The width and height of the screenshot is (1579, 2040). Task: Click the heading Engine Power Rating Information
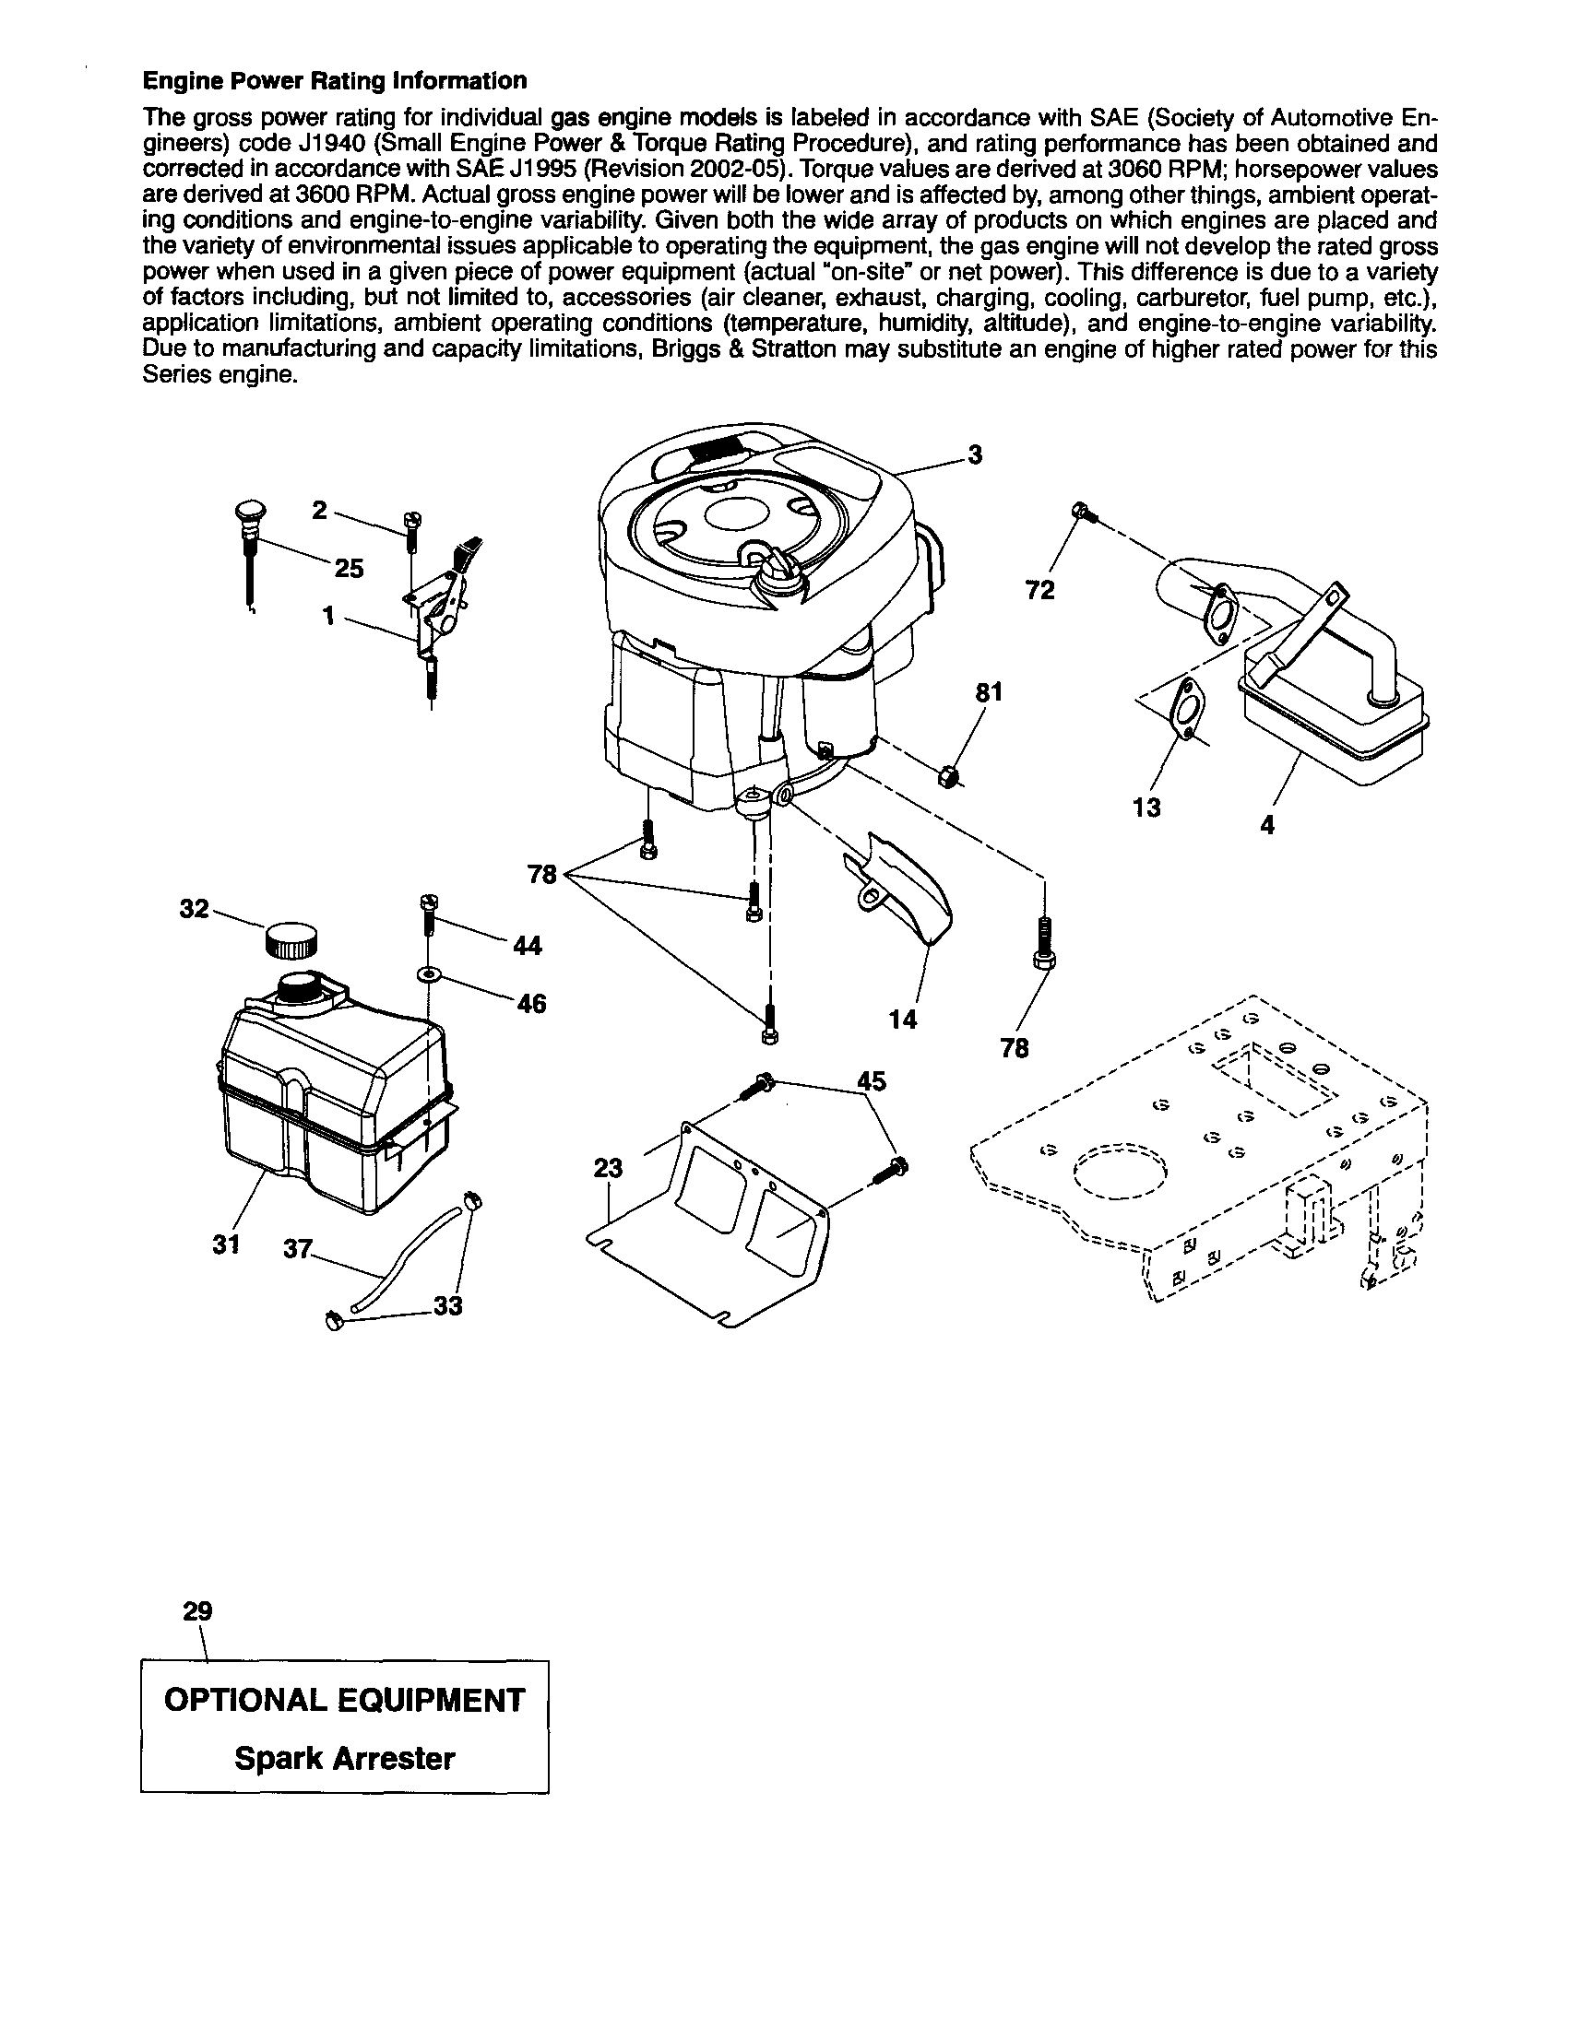(334, 81)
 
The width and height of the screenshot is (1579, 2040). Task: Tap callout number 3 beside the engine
(975, 454)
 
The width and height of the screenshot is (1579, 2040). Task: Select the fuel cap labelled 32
(291, 937)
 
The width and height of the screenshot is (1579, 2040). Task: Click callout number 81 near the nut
(990, 692)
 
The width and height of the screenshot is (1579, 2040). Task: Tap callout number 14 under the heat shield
(903, 1019)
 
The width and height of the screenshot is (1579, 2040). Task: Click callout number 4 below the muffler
(1267, 826)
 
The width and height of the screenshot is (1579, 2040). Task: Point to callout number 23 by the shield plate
(607, 1169)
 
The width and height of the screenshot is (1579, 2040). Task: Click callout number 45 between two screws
(871, 1080)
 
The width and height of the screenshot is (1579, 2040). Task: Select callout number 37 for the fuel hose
(296, 1248)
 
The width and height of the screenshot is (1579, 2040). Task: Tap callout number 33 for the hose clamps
(448, 1306)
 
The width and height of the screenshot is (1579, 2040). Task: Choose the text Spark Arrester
(344, 1759)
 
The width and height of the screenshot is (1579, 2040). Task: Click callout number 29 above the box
(197, 1611)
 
